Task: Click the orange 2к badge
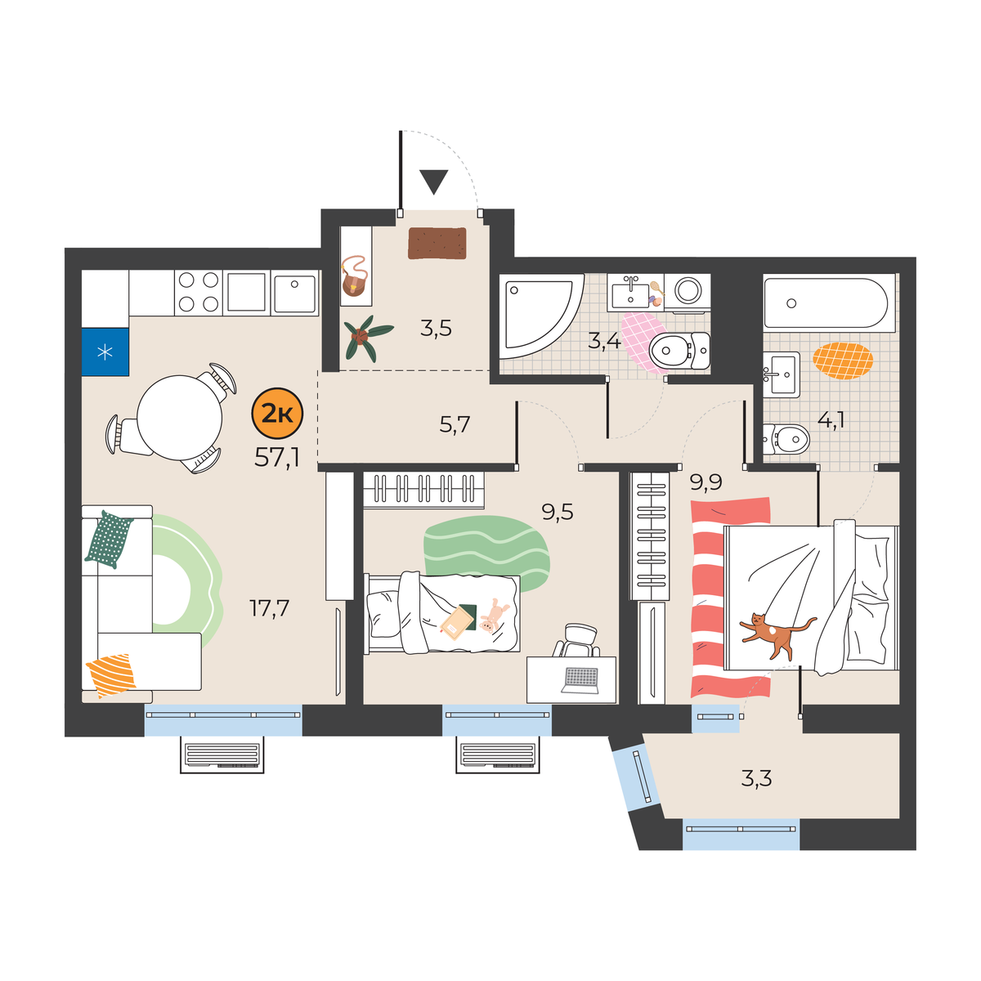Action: click(x=277, y=414)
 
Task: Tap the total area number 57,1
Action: click(x=277, y=459)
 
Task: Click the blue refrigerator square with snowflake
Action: click(x=105, y=352)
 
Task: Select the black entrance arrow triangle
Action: click(x=434, y=182)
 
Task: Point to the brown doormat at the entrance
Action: click(x=437, y=243)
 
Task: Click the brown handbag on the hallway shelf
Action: click(x=355, y=277)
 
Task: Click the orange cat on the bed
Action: click(x=777, y=635)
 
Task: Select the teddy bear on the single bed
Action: click(x=492, y=616)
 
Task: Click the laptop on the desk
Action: click(x=580, y=680)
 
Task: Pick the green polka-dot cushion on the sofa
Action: click(x=109, y=539)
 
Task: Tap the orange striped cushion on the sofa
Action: click(x=111, y=675)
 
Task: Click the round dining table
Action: click(x=180, y=418)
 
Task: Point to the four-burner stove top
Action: click(x=198, y=292)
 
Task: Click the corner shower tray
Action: click(x=540, y=316)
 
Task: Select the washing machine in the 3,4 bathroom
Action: click(x=688, y=292)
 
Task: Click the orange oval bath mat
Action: click(x=843, y=361)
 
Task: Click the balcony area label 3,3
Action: click(x=756, y=779)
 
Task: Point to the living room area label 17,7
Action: click(x=269, y=608)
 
